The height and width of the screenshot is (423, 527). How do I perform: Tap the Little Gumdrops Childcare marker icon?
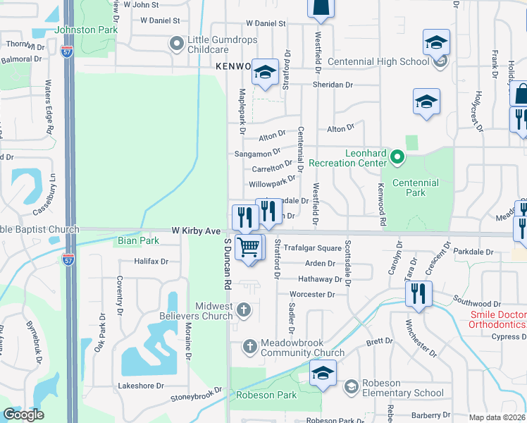click(175, 44)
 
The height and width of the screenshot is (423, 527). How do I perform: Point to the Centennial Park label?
click(416, 188)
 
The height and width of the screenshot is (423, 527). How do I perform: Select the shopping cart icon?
click(249, 247)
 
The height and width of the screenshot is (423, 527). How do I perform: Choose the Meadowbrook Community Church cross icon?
click(249, 346)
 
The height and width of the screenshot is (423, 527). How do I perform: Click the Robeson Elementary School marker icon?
click(351, 386)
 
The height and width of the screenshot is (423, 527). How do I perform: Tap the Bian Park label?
click(137, 240)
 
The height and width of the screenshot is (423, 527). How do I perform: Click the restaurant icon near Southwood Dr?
click(418, 293)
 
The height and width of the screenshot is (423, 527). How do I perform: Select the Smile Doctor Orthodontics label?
click(498, 319)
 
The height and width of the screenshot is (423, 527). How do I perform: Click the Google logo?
click(23, 415)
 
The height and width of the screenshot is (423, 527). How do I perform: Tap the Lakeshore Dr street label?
click(141, 386)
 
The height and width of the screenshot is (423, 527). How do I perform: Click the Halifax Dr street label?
click(151, 261)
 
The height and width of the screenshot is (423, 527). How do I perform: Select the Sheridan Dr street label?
click(333, 85)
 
